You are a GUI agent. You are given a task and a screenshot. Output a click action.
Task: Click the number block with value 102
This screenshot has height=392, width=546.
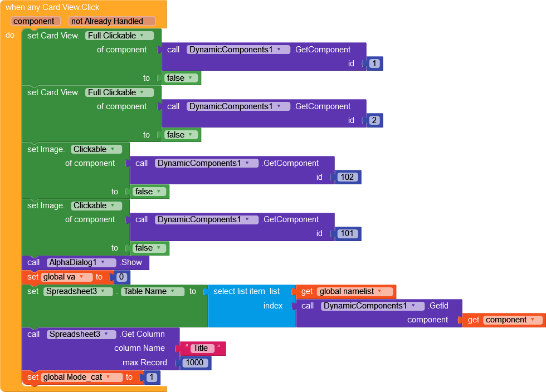tap(348, 178)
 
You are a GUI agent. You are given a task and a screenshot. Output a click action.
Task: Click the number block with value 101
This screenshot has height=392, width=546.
tap(348, 234)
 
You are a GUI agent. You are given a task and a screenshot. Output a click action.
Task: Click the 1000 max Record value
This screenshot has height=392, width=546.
tap(195, 363)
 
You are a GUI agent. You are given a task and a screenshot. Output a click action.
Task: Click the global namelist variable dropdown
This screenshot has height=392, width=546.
tap(354, 291)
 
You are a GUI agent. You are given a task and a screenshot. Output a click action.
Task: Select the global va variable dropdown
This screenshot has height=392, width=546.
tap(67, 277)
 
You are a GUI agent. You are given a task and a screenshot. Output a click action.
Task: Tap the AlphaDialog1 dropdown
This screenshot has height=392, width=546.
tap(82, 263)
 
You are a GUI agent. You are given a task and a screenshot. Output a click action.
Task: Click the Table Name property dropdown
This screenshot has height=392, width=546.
tap(153, 291)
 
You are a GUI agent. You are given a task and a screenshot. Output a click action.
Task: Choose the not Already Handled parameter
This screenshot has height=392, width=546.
tap(112, 21)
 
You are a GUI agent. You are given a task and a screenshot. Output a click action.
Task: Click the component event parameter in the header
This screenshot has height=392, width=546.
tap(33, 21)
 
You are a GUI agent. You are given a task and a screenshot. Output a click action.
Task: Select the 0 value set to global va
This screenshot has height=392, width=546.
tap(121, 277)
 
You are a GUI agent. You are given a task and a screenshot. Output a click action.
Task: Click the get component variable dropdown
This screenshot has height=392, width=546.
tap(512, 320)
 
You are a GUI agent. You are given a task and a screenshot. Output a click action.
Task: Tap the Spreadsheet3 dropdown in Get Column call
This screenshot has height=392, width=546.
tap(82, 335)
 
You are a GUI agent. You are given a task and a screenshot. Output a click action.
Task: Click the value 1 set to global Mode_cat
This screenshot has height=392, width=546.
tap(152, 378)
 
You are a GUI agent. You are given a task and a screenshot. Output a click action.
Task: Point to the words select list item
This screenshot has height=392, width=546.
tap(239, 291)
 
